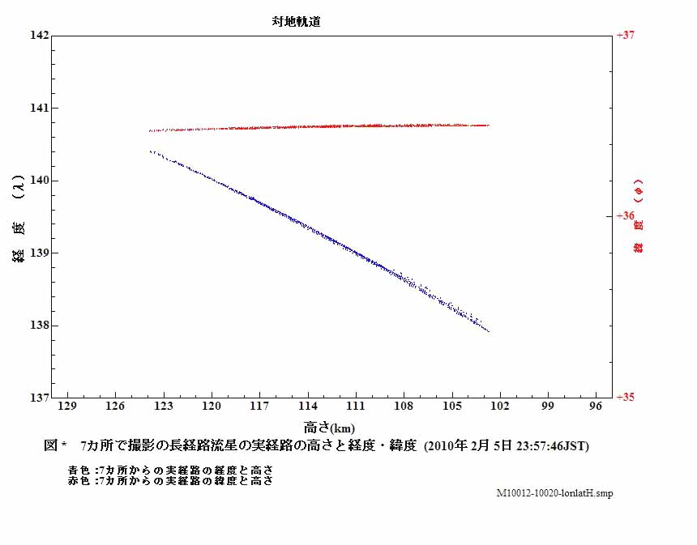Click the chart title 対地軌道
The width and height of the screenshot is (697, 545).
pos(296,23)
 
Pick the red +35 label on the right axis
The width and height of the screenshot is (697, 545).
pos(625,398)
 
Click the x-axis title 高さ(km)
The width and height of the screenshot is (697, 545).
pos(329,427)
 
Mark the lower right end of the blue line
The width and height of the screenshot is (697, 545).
pos(489,331)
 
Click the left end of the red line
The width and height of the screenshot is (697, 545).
pos(150,130)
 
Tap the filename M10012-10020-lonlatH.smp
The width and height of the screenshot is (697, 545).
pos(555,493)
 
